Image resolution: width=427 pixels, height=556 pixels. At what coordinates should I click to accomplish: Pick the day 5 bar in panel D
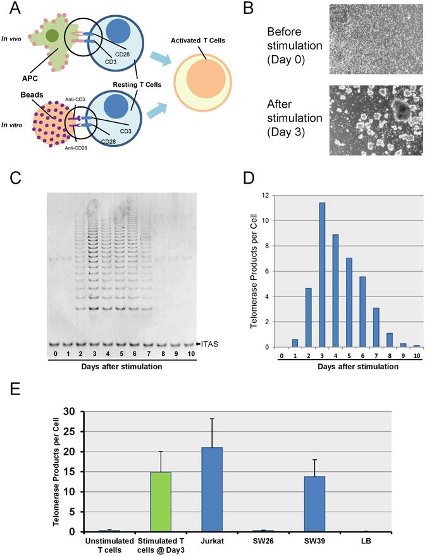point(349,302)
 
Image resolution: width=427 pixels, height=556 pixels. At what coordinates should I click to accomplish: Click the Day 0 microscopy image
point(376,39)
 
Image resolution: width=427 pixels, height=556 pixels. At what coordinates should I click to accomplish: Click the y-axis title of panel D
point(253,271)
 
